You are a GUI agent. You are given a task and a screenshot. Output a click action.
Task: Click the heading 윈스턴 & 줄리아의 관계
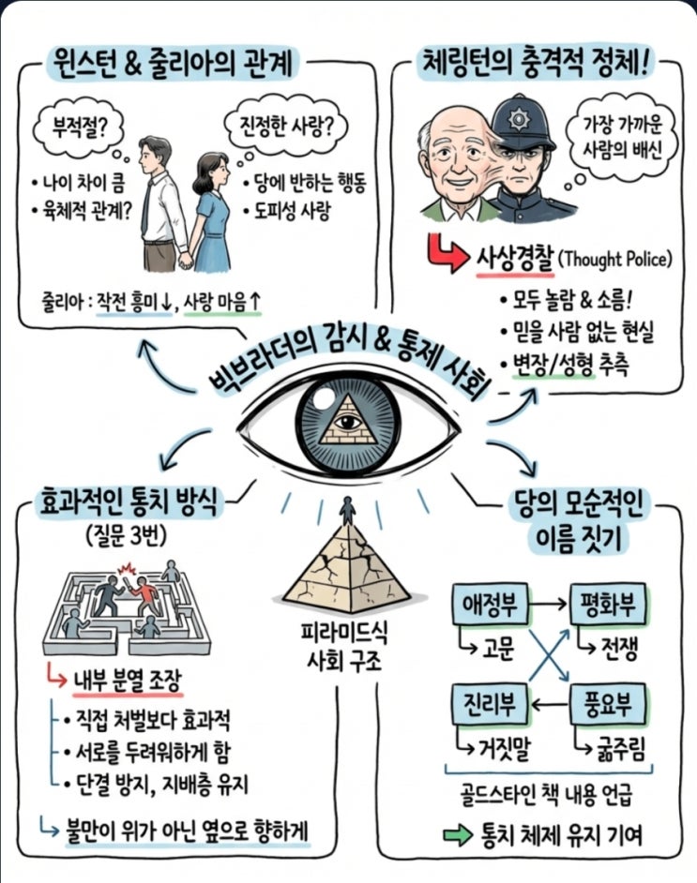click(174, 65)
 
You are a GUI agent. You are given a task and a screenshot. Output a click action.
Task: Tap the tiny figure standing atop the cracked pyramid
click(348, 511)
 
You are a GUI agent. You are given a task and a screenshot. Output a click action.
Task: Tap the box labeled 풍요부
click(607, 704)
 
